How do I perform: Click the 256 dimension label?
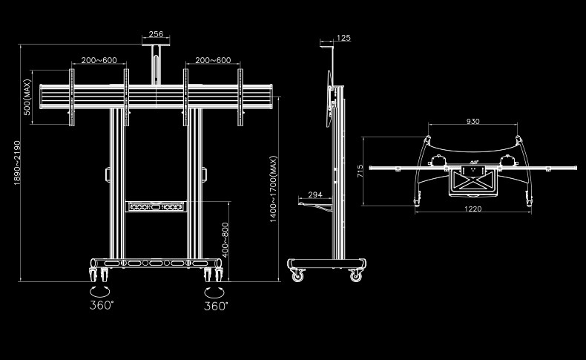point(157,34)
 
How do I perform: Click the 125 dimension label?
point(343,37)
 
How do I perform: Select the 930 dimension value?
point(473,121)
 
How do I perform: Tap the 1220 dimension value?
point(473,209)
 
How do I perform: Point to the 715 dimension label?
point(360,171)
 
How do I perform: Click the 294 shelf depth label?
point(315,194)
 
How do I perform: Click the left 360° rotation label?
point(102,305)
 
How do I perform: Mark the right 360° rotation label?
point(216,305)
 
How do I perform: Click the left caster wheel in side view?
point(299,275)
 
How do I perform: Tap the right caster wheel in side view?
point(356,275)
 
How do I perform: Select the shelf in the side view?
point(315,203)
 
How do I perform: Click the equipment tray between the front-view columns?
point(155,206)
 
